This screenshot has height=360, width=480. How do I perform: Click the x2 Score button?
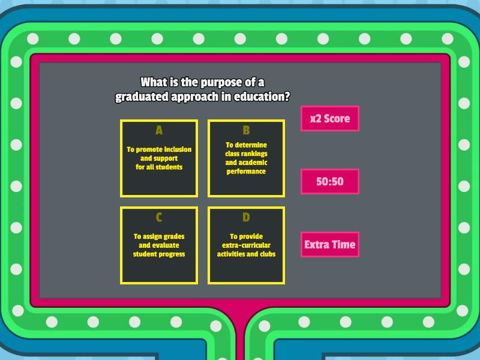point(329,118)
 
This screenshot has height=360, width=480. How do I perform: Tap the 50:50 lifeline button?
point(329,181)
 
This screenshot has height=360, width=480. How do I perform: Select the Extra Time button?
point(329,244)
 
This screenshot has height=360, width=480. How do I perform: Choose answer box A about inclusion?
point(159,158)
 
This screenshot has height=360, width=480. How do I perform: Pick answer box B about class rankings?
point(246,158)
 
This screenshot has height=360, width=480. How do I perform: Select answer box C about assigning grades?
point(159,245)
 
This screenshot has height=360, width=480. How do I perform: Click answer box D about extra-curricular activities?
point(246,245)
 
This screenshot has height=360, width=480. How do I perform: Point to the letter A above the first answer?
point(159,130)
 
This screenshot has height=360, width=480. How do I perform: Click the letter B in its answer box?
point(246,130)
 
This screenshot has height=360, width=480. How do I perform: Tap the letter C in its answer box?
point(159,217)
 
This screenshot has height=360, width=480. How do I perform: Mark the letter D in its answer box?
point(246,217)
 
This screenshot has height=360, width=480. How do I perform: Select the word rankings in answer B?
point(254,154)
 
